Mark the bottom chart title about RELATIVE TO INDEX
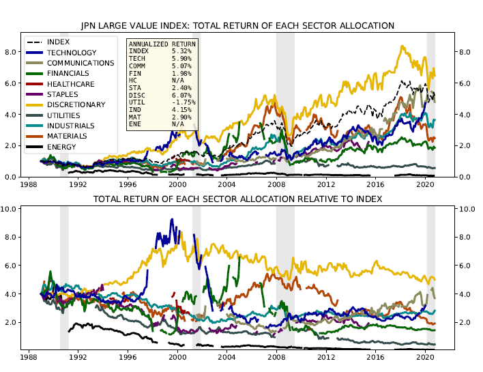237,198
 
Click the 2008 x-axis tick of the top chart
276,184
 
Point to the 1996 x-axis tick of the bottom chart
128,357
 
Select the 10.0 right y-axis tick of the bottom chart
468,208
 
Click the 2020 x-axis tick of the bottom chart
425,357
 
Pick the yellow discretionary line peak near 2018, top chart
402,46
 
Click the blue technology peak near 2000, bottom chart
171,220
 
